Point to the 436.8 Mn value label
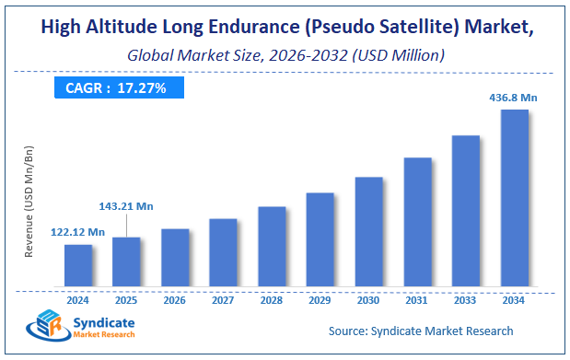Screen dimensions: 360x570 pos(514,97)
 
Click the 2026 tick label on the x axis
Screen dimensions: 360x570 pos(175,299)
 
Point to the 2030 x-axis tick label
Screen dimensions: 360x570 pos(368,299)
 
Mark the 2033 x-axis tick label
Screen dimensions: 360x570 pos(466,299)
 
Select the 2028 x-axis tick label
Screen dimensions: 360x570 pos(272,299)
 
